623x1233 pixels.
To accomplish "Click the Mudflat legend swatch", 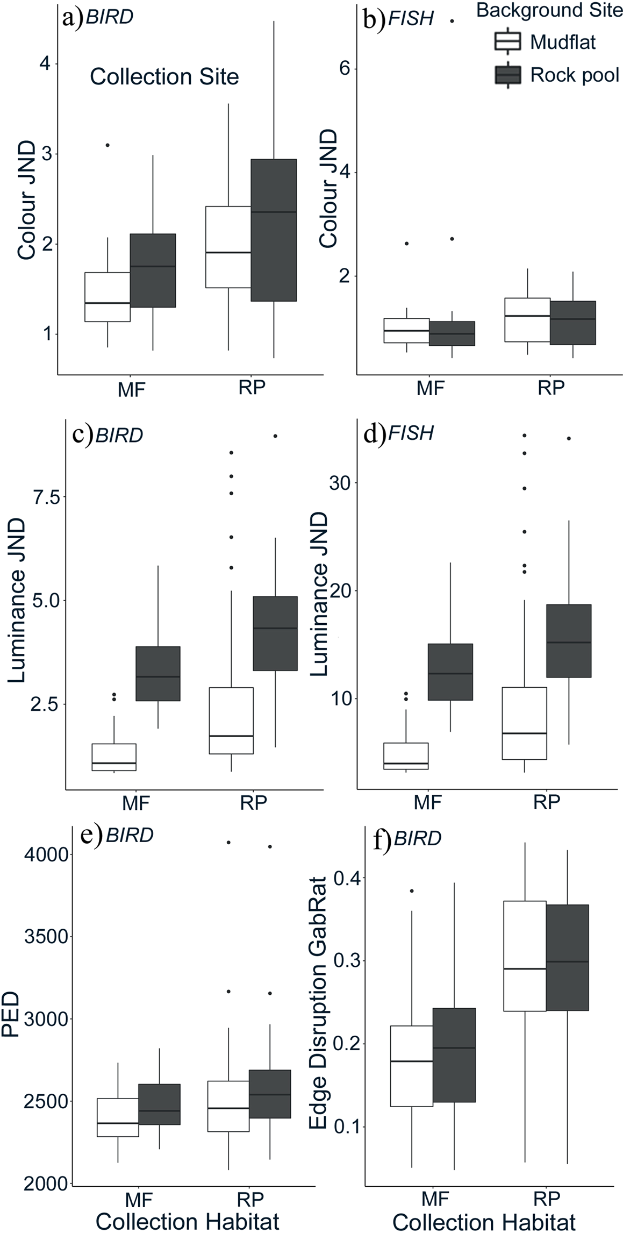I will click(x=507, y=41).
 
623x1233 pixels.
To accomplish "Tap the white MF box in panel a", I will click(x=108, y=297).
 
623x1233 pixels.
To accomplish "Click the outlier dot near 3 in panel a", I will click(x=108, y=145).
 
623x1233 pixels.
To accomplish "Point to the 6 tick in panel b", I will click(x=345, y=69).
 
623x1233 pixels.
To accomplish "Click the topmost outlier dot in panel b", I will click(x=452, y=21).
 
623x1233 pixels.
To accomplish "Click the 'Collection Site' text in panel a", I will click(x=164, y=77).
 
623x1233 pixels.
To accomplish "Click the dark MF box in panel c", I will click(x=157, y=673).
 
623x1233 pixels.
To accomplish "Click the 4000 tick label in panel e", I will click(x=46, y=854).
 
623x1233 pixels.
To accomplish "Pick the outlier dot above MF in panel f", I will click(x=412, y=891).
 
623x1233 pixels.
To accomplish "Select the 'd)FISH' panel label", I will click(x=398, y=433).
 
